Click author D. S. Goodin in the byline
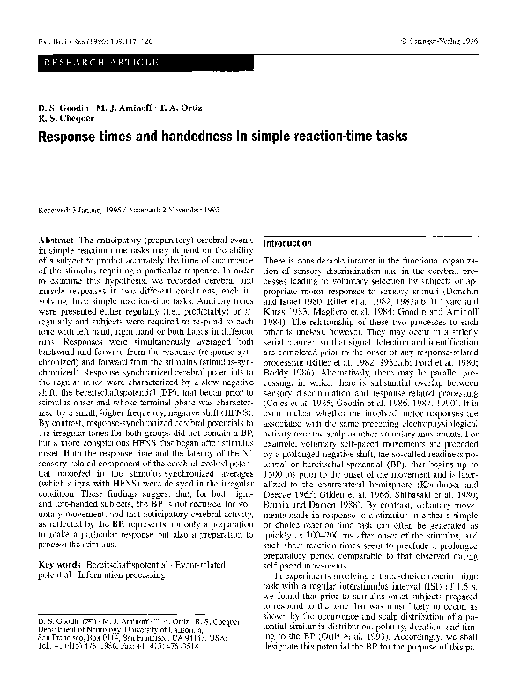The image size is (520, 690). pos(62,107)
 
